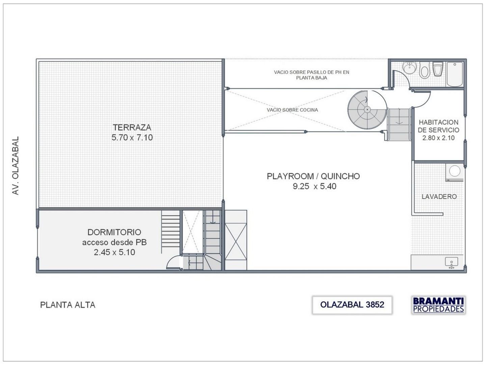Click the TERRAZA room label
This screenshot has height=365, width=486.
coord(132,127)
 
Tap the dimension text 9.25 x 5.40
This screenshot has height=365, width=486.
coord(315,186)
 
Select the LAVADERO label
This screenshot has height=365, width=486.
coord(439,196)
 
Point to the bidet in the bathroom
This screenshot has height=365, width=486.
coord(424,71)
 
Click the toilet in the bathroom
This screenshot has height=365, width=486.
coord(438,70)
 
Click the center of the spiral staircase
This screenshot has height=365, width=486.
coord(367,109)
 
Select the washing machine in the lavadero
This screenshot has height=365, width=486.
coord(455,172)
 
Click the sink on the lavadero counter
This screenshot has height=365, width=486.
coord(451,262)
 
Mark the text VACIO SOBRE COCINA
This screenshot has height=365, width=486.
coord(292,110)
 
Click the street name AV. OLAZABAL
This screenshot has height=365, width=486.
coord(16,165)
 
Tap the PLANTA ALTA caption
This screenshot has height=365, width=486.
coord(68,305)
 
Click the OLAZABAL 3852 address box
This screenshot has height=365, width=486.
coord(352,305)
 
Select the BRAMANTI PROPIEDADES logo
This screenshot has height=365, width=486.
coord(438,305)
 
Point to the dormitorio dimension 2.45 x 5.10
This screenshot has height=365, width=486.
coord(114,252)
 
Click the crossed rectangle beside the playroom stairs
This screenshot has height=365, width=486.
coord(236,240)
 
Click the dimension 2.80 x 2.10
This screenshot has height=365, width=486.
coord(438,138)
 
